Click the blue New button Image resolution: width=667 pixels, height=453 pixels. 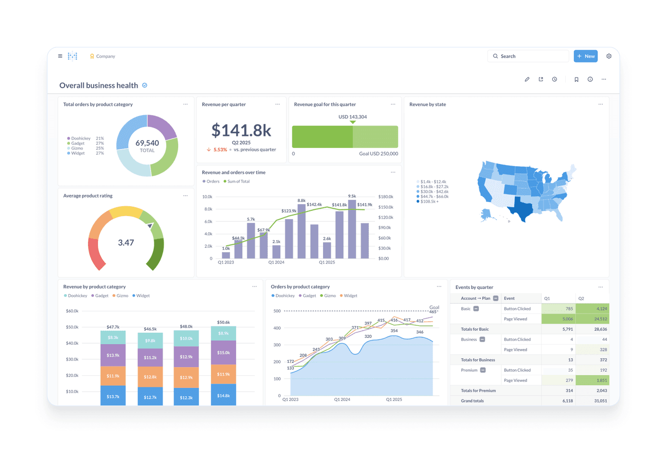(585, 56)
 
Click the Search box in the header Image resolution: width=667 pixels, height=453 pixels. (528, 56)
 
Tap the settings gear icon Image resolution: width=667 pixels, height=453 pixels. (609, 56)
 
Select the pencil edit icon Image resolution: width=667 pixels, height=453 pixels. (527, 80)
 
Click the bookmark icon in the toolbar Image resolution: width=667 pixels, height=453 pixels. (576, 80)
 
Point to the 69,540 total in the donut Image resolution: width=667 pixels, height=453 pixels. (147, 143)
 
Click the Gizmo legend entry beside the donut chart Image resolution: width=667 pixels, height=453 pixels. (77, 148)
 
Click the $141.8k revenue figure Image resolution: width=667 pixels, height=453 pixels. (241, 130)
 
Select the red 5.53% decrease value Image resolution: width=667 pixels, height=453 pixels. (220, 150)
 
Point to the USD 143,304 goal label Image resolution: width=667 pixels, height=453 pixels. (353, 117)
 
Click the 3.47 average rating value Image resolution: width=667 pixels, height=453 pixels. (126, 243)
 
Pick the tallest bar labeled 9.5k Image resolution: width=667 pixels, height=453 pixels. (352, 229)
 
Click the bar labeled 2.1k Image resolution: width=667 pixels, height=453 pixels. (276, 251)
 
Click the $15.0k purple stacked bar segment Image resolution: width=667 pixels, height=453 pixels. (224, 353)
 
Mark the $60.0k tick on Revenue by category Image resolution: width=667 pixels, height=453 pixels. (72, 311)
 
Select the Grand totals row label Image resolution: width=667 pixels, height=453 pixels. (472, 401)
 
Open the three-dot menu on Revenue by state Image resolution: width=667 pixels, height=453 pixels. (601, 105)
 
